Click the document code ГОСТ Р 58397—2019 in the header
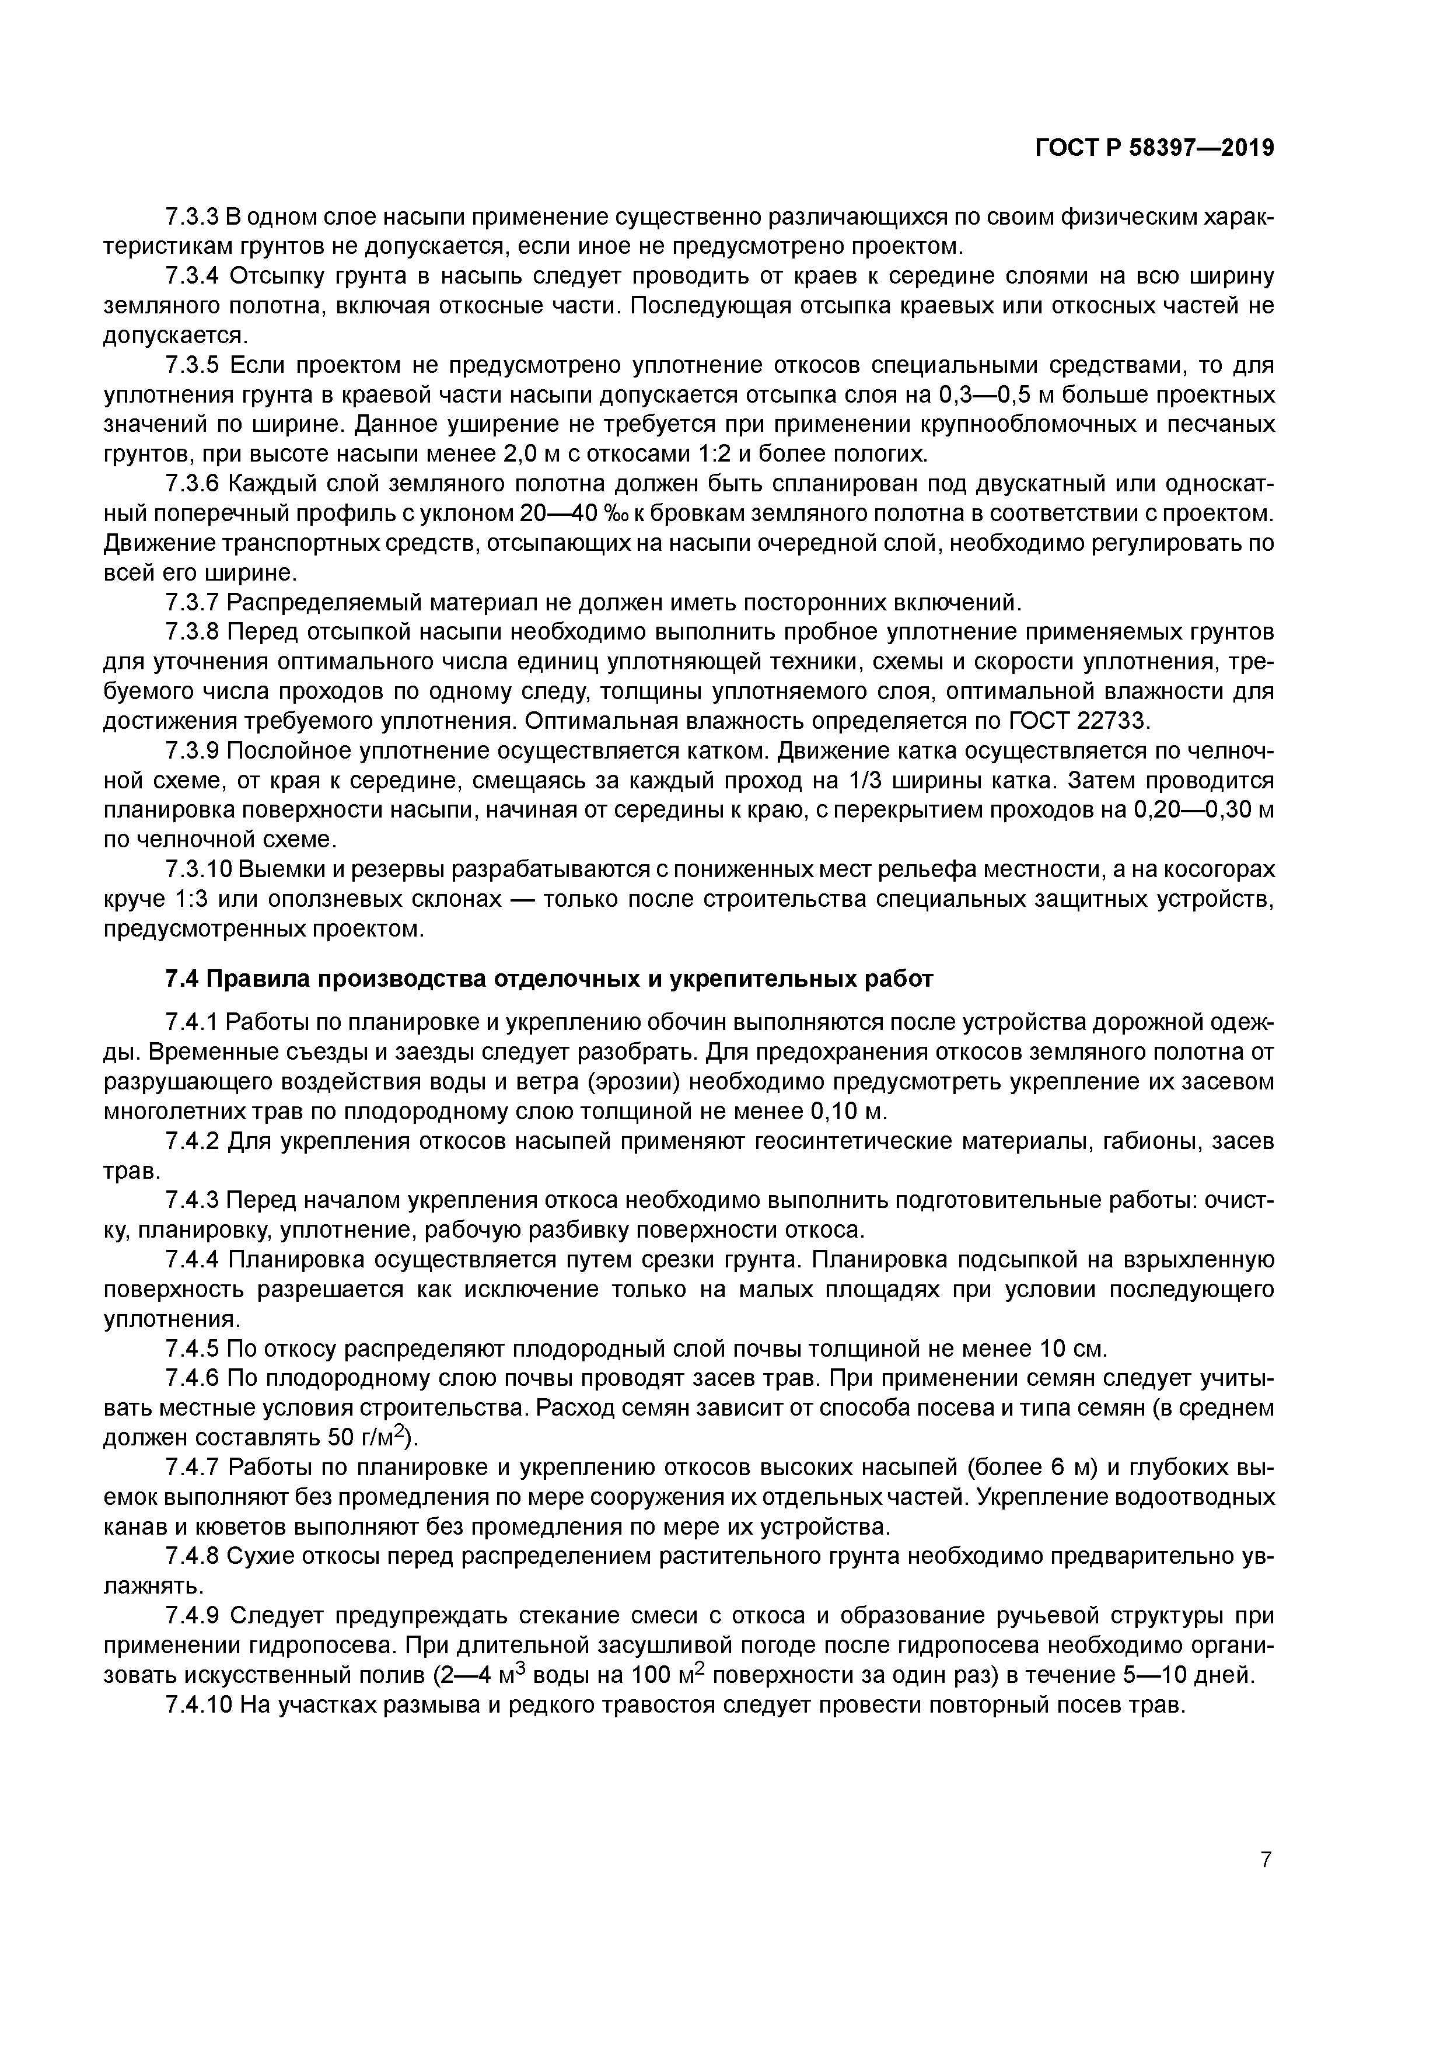(x=1155, y=148)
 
